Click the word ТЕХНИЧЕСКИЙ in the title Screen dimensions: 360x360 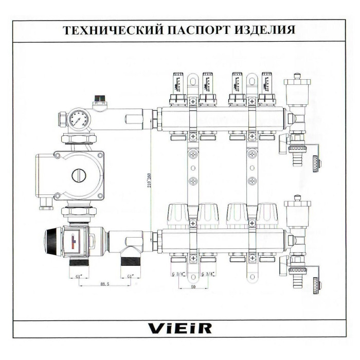pos(110,29)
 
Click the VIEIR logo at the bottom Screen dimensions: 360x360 pos(179,328)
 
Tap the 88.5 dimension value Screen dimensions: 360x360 pos(105,283)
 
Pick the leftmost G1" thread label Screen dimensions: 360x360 pos(79,276)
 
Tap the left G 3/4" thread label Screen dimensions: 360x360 pos(178,274)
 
